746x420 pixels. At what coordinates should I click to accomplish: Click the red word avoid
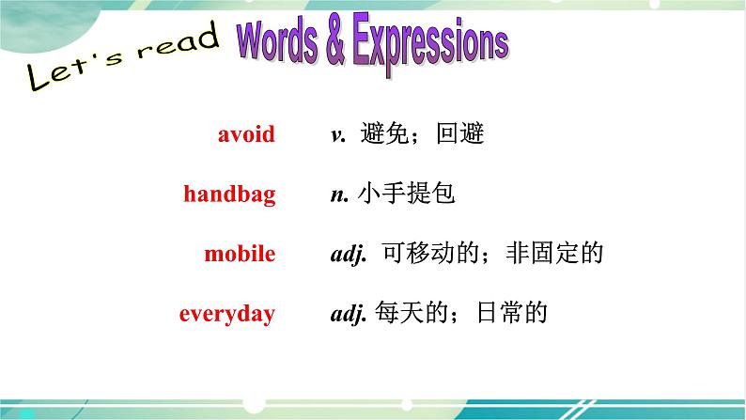246,133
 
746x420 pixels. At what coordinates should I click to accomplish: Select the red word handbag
229,194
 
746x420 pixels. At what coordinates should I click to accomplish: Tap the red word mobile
240,253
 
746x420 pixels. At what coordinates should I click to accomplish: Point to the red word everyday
227,314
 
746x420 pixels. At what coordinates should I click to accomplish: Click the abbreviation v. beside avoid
338,135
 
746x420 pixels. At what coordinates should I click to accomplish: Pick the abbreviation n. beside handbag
340,195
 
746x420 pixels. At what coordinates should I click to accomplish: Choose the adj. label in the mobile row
349,254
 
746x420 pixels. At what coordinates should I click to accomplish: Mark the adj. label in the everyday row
349,314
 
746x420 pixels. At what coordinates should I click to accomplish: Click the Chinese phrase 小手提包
406,194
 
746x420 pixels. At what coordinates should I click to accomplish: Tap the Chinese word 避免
384,133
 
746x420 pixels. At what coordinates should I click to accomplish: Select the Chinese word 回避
460,133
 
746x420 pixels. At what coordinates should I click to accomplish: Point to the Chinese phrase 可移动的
430,253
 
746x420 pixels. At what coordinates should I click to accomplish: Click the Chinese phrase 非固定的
554,253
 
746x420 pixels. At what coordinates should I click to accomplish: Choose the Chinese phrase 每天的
412,313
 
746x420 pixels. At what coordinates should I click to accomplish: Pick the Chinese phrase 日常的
511,313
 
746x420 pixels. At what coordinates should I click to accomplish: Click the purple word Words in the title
277,42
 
